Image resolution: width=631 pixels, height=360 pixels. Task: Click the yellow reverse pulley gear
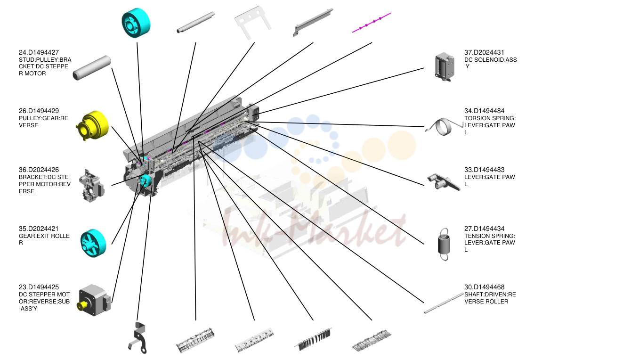tap(92, 125)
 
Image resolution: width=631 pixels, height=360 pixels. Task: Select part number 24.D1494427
tap(39, 52)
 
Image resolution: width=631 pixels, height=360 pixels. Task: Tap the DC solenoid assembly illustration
tap(444, 67)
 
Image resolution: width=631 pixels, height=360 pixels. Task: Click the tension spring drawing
tap(444, 244)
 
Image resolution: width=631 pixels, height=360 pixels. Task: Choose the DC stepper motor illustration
tap(94, 301)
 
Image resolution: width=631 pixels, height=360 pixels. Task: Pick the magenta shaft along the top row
tap(372, 22)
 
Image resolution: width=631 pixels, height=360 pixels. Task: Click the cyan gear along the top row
tap(136, 23)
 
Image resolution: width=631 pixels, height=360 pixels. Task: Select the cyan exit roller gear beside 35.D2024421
tap(93, 243)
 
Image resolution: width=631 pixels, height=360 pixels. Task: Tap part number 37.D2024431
tap(484, 52)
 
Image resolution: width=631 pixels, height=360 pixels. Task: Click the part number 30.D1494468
tap(484, 287)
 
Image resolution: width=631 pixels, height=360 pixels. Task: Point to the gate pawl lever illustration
tap(443, 182)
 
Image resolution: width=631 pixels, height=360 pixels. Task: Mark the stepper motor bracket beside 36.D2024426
tap(91, 186)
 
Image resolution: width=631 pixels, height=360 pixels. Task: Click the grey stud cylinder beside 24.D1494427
tap(92, 68)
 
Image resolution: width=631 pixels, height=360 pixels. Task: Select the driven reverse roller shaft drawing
tap(444, 303)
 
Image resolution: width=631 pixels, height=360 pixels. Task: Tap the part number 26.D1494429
tap(39, 111)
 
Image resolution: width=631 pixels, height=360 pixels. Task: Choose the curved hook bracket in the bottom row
tap(138, 337)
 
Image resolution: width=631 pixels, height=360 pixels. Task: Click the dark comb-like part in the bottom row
tap(313, 339)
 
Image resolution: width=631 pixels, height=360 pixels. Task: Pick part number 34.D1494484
tap(484, 111)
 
